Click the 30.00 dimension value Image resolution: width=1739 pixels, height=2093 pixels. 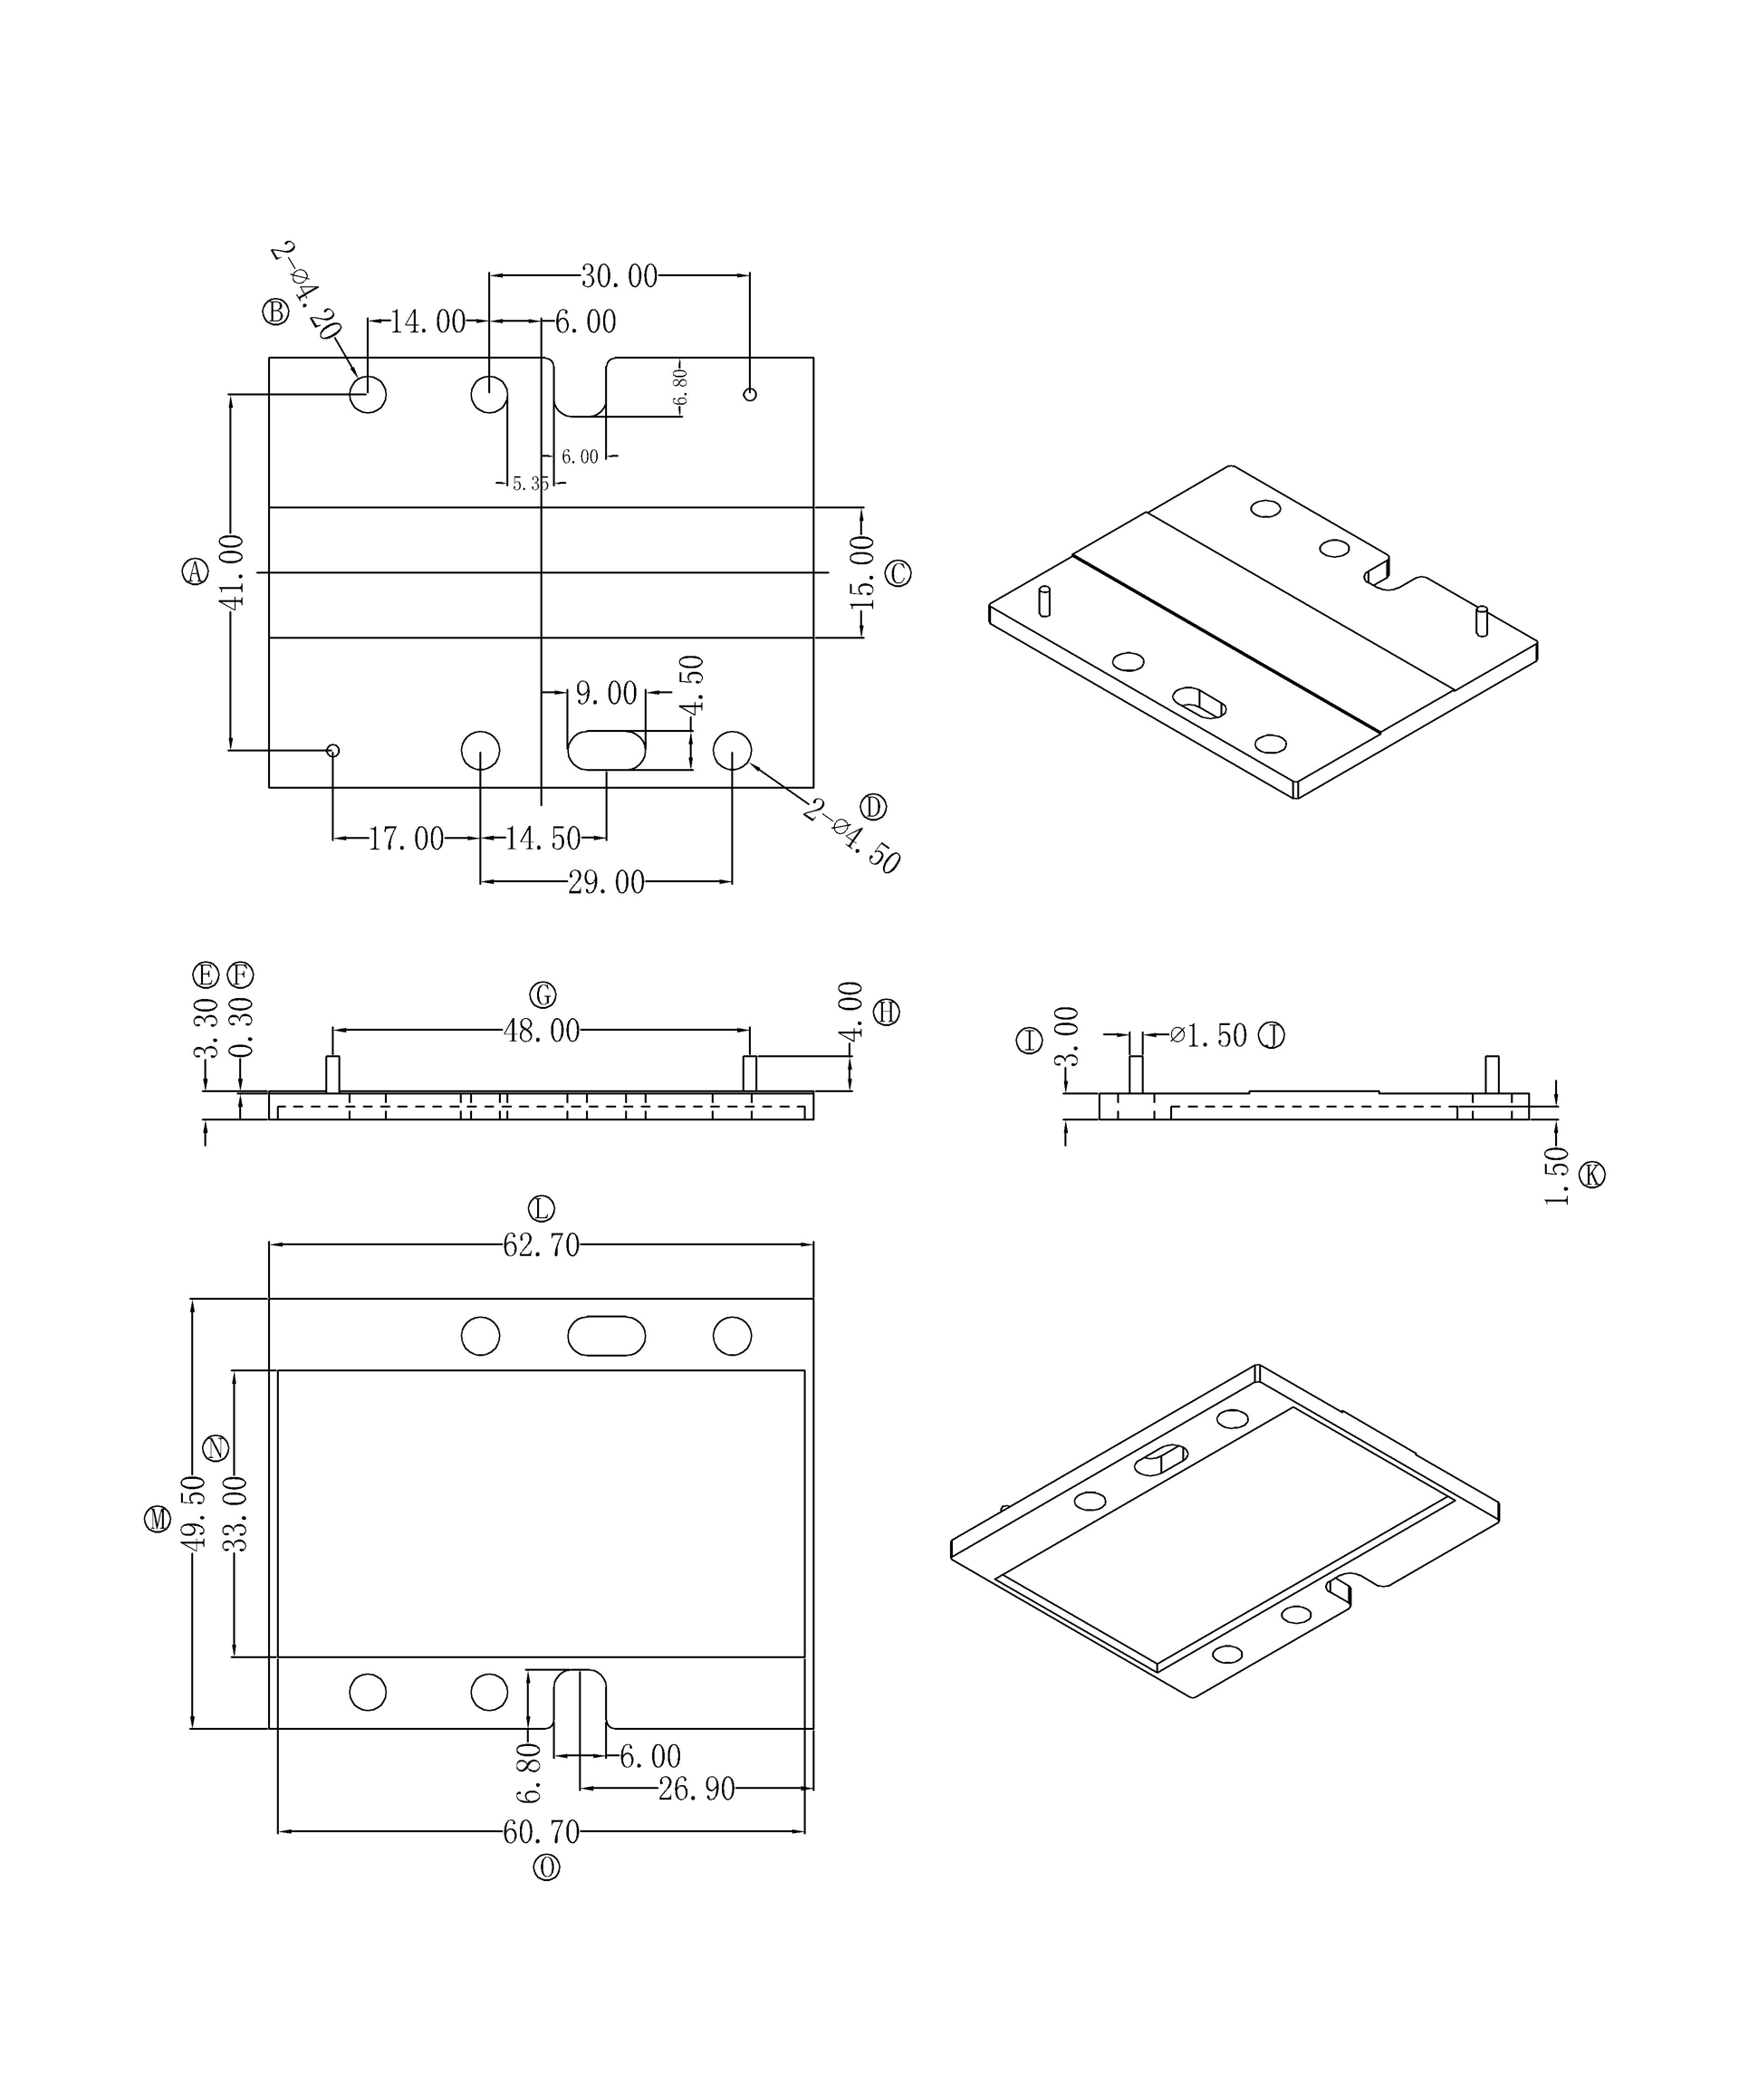619,276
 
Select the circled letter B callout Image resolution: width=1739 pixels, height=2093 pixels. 275,312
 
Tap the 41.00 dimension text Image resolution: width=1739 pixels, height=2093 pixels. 231,572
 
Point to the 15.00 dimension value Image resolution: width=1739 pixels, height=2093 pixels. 861,572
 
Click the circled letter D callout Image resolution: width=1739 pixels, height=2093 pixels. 873,806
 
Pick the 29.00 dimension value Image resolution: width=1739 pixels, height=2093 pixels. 606,882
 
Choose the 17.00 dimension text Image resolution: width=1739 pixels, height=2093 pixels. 406,840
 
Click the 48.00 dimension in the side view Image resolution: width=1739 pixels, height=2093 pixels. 541,1031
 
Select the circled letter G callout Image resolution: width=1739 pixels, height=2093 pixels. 543,994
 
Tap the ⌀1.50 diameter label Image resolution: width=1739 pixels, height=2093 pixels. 1209,1036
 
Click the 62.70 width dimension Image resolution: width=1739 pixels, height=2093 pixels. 541,1246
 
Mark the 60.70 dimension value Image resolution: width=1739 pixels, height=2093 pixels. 541,1832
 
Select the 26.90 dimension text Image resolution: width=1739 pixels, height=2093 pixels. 696,1789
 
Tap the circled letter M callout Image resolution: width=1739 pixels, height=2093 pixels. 158,1520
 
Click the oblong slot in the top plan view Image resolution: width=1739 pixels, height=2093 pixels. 606,751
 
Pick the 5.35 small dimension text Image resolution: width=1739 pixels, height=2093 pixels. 530,485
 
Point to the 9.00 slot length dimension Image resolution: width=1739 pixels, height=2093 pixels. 606,693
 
